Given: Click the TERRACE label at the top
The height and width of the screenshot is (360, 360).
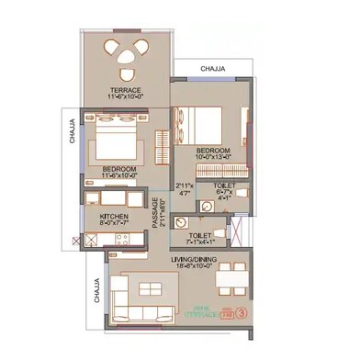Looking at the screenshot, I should (x=124, y=90).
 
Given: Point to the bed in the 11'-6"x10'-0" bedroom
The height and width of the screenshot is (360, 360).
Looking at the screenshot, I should (x=115, y=144).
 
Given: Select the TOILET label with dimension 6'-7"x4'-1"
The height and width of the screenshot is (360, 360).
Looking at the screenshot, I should (x=223, y=185).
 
